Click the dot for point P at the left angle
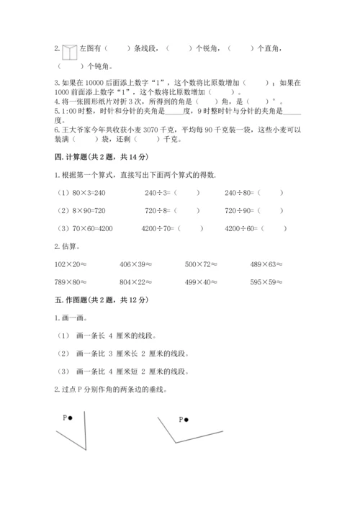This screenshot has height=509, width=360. (x=71, y=418)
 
